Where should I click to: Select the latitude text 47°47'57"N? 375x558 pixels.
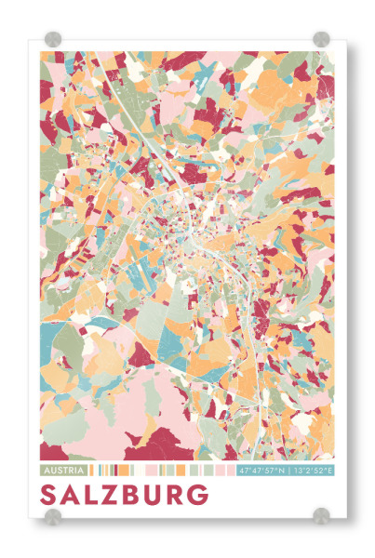pos(262,471)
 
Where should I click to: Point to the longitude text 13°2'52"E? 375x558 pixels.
pos(313,471)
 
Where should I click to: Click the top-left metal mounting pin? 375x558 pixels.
pos(53,38)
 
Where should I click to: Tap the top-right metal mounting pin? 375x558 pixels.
pos(321,38)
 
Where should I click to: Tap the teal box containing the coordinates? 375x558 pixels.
pos(287,471)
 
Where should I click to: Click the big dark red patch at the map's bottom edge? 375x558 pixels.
pos(177,442)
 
